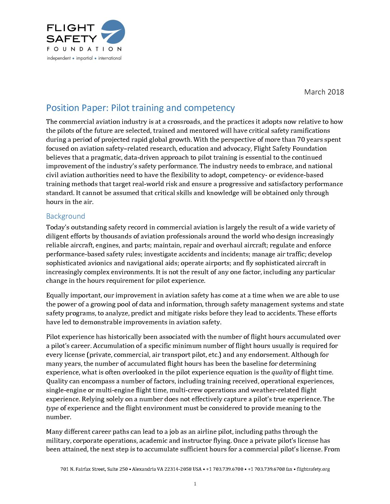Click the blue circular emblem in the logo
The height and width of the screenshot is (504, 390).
pyautogui.click(x=113, y=31)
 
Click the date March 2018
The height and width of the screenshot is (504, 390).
pyautogui.click(x=324, y=92)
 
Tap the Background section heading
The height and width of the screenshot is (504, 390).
pyautogui.click(x=66, y=216)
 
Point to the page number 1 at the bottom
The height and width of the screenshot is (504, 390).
pyautogui.click(x=195, y=484)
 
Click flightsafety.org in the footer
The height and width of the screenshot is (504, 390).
pyautogui.click(x=313, y=469)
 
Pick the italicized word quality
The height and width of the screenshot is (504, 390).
pyautogui.click(x=282, y=372)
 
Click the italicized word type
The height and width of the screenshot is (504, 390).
pyautogui.click(x=52, y=408)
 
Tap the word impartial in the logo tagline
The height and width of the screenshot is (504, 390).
pyautogui.click(x=84, y=58)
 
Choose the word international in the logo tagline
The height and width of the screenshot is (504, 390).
pyautogui.click(x=110, y=58)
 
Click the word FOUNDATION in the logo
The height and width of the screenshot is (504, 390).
pyautogui.click(x=84, y=49)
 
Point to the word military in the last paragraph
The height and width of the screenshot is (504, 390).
pyautogui.click(x=58, y=441)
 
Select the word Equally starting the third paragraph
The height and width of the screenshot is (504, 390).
pyautogui.click(x=58, y=295)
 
